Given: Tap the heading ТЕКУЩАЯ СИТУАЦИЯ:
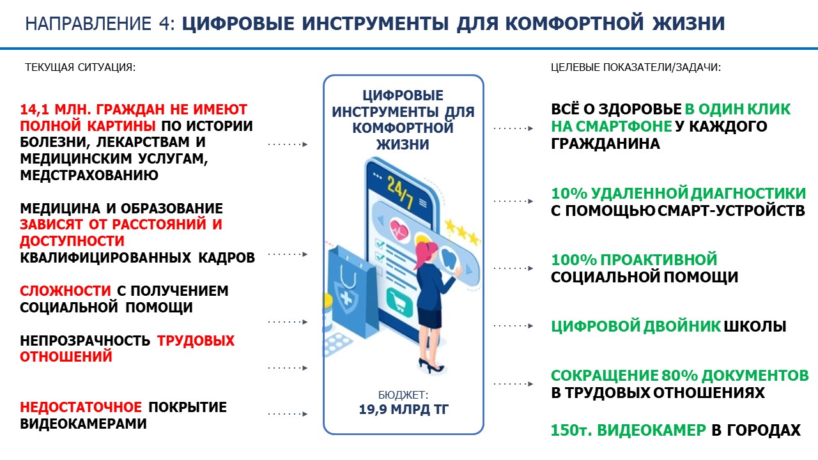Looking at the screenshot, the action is (x=80, y=68).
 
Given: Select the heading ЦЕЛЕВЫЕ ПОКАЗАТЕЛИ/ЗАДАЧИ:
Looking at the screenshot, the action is (x=636, y=68).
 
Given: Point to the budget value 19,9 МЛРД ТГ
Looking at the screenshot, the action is (x=403, y=410).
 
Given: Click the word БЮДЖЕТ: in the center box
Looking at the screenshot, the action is (x=403, y=395).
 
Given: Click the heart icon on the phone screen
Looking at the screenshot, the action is (x=399, y=229).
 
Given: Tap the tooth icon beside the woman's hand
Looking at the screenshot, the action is (x=449, y=257).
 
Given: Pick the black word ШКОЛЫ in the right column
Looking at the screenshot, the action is (x=755, y=326).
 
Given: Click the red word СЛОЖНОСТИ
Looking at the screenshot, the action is (x=65, y=291).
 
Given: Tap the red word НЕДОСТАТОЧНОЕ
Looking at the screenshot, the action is (x=81, y=408).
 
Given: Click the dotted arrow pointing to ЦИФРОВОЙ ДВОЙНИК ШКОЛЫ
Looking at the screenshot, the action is (x=513, y=326).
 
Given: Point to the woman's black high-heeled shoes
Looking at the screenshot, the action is (x=431, y=366).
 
